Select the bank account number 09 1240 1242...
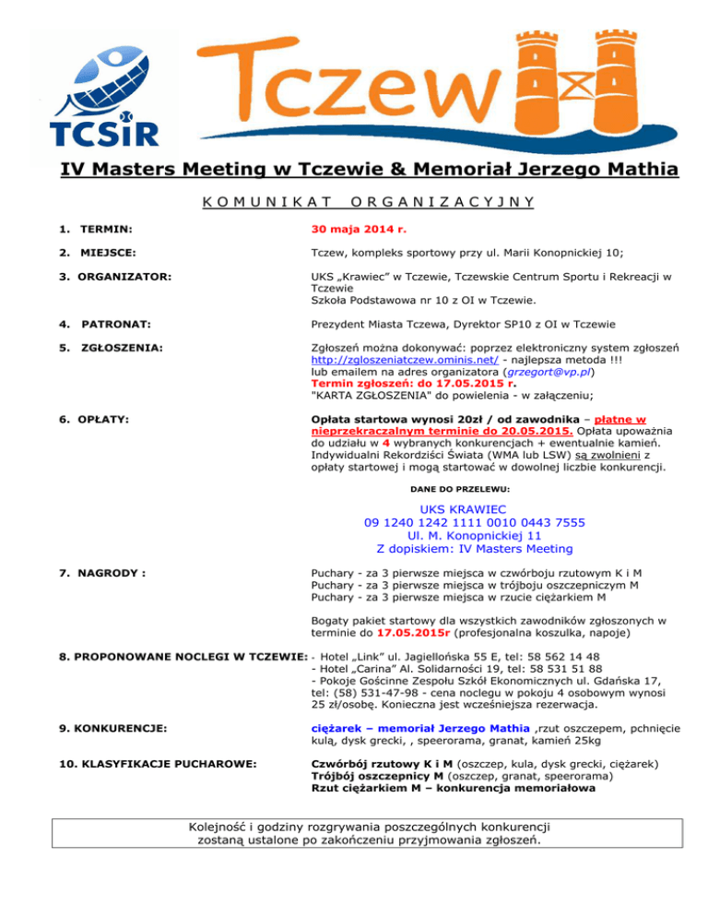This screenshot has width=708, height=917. (475, 522)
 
